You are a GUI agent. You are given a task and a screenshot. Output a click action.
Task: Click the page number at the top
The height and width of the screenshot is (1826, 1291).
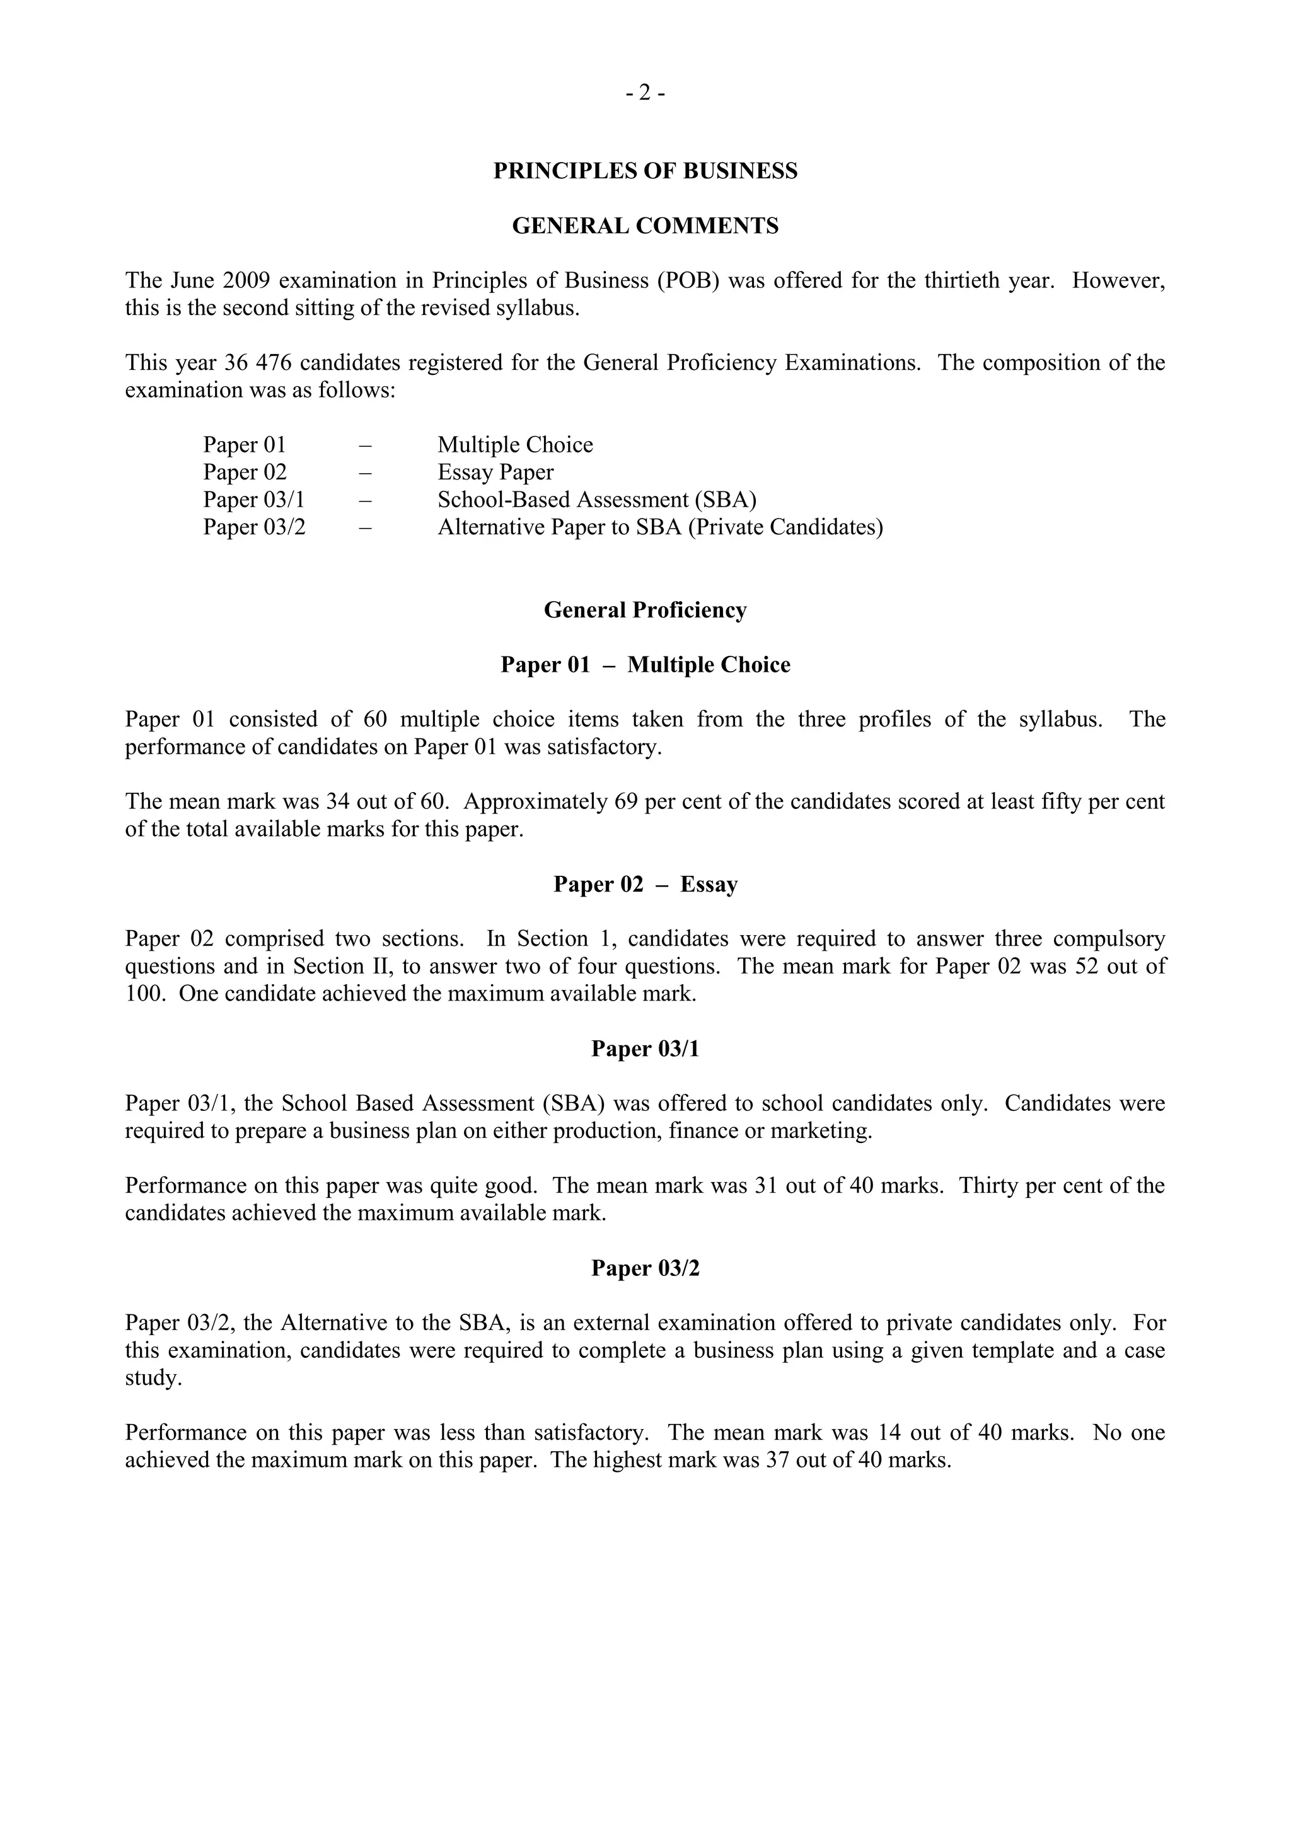click(x=644, y=94)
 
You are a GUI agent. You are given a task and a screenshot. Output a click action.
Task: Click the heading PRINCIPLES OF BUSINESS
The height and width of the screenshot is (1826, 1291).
click(x=645, y=171)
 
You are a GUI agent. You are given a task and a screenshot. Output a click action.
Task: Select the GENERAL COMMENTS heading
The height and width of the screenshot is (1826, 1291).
click(x=645, y=226)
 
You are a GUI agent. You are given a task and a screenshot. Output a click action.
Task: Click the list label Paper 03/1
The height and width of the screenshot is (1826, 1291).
click(x=254, y=500)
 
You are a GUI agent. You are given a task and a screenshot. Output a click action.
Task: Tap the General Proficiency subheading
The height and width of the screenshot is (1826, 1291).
click(x=645, y=610)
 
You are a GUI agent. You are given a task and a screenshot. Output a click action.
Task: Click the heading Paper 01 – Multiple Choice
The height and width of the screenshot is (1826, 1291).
click(x=645, y=665)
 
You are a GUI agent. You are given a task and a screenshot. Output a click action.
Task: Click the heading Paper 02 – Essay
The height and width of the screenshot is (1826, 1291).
click(x=645, y=885)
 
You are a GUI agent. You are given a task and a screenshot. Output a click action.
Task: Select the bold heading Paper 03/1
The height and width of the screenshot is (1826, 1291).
click(x=645, y=1049)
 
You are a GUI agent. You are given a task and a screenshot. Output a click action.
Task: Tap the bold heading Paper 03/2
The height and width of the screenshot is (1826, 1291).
click(x=645, y=1268)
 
